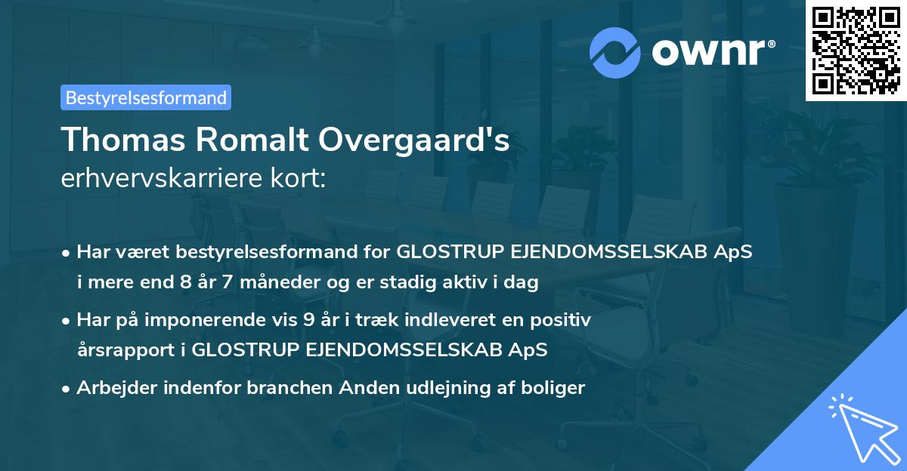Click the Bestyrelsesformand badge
point(145,97)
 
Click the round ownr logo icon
point(614,52)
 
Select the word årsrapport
point(132,350)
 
